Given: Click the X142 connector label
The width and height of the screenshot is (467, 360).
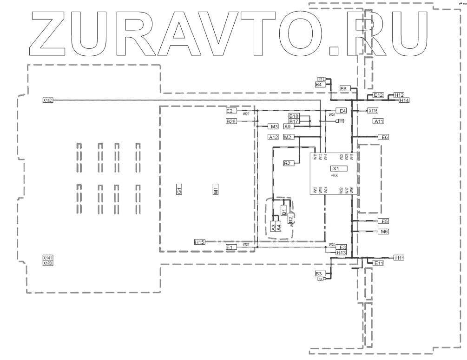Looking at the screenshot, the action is [x=48, y=100].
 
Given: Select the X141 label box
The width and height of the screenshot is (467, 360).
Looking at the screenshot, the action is [x=48, y=258].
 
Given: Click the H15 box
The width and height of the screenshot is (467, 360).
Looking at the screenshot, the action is [x=200, y=242].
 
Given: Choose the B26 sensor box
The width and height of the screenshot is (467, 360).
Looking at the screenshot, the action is [x=231, y=122].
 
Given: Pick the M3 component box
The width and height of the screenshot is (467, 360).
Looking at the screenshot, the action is [x=274, y=126].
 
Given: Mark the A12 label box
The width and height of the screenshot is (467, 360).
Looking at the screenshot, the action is [x=273, y=137].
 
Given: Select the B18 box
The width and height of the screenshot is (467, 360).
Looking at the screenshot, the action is [x=294, y=116].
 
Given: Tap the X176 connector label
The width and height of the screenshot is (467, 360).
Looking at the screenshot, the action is [x=373, y=111].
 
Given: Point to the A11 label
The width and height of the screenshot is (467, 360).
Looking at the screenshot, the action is [x=378, y=121].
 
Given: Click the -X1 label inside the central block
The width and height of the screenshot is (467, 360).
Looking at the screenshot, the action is [x=335, y=168].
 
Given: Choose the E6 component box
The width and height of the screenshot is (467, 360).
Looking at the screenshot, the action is [x=384, y=137].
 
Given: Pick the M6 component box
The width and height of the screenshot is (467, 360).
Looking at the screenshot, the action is [x=384, y=231].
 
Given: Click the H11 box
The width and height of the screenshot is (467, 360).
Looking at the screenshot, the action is [x=399, y=258].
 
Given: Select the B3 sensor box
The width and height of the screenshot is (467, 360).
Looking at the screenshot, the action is [x=319, y=273].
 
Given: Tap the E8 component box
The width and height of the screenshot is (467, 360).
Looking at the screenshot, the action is [x=344, y=88].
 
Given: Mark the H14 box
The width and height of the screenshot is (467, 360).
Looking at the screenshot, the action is [x=404, y=100].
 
